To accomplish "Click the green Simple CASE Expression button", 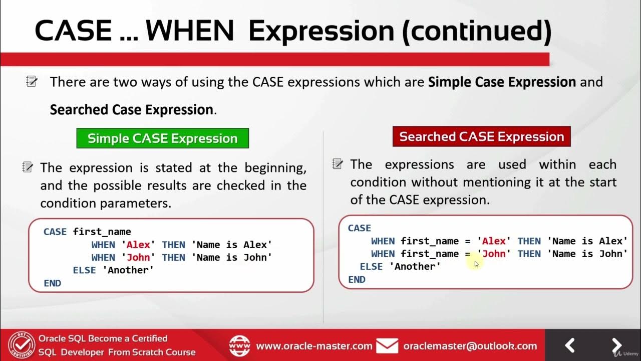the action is [163, 138].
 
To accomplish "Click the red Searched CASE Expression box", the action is [482, 136].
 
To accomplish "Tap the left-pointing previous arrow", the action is [569, 345].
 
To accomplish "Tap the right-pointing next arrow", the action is [616, 345].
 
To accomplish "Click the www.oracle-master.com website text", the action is [314, 346].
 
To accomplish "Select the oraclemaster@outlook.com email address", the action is [470, 346].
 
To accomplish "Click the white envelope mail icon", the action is [387, 346].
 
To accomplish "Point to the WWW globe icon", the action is [239, 346].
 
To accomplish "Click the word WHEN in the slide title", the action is [190, 31].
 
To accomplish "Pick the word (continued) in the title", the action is [477, 32].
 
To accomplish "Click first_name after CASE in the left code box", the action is [102, 232].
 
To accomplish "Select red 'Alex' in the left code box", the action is [138, 245].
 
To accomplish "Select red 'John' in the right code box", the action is [494, 254].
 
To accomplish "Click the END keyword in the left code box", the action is [53, 283].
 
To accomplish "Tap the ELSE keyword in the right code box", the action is [371, 266].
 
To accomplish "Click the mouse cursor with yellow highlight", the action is [476, 263].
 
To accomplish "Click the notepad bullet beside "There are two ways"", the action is [31, 81].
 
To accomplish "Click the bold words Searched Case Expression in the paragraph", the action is [132, 110].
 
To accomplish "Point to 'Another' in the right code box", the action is [415, 266].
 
